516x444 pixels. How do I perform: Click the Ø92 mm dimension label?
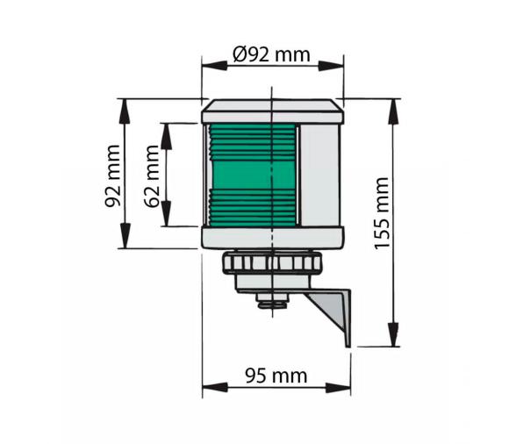point(271,54)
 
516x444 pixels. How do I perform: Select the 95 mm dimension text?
point(276,376)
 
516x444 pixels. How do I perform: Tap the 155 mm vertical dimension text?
point(383,213)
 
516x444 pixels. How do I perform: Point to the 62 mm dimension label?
point(152,175)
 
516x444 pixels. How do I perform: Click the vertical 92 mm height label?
point(112,175)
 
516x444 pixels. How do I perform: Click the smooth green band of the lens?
point(253,175)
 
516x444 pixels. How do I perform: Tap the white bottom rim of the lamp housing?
point(273,238)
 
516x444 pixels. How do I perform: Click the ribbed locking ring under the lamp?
point(273,262)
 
